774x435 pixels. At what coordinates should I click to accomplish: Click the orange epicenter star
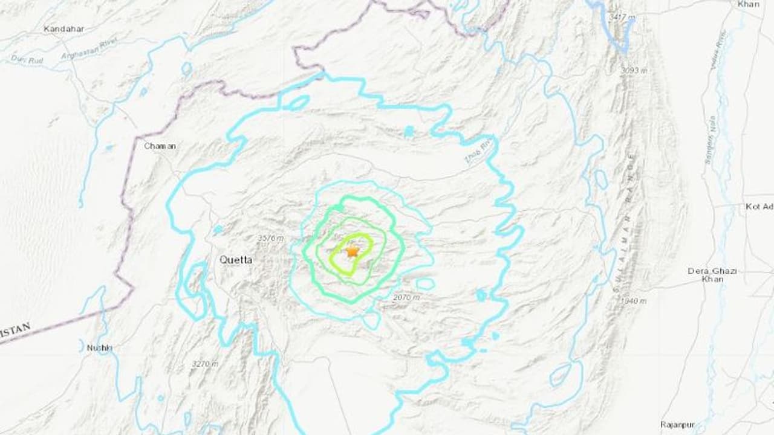[351, 251]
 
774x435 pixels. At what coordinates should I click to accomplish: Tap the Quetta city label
[236, 260]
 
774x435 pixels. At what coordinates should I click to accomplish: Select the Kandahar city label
[63, 28]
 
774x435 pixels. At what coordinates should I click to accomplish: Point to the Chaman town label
[160, 146]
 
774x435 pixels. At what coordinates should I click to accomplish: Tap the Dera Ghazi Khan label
[712, 275]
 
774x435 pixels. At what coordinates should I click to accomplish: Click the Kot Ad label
[759, 207]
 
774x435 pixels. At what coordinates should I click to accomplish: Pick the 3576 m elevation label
[270, 239]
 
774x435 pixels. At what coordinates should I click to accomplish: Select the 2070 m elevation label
[405, 297]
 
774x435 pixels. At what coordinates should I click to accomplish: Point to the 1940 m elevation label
[633, 300]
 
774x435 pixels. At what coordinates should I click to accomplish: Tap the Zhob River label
[487, 149]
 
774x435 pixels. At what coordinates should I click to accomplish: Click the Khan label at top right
[749, 4]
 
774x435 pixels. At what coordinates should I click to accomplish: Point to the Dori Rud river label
[24, 59]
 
